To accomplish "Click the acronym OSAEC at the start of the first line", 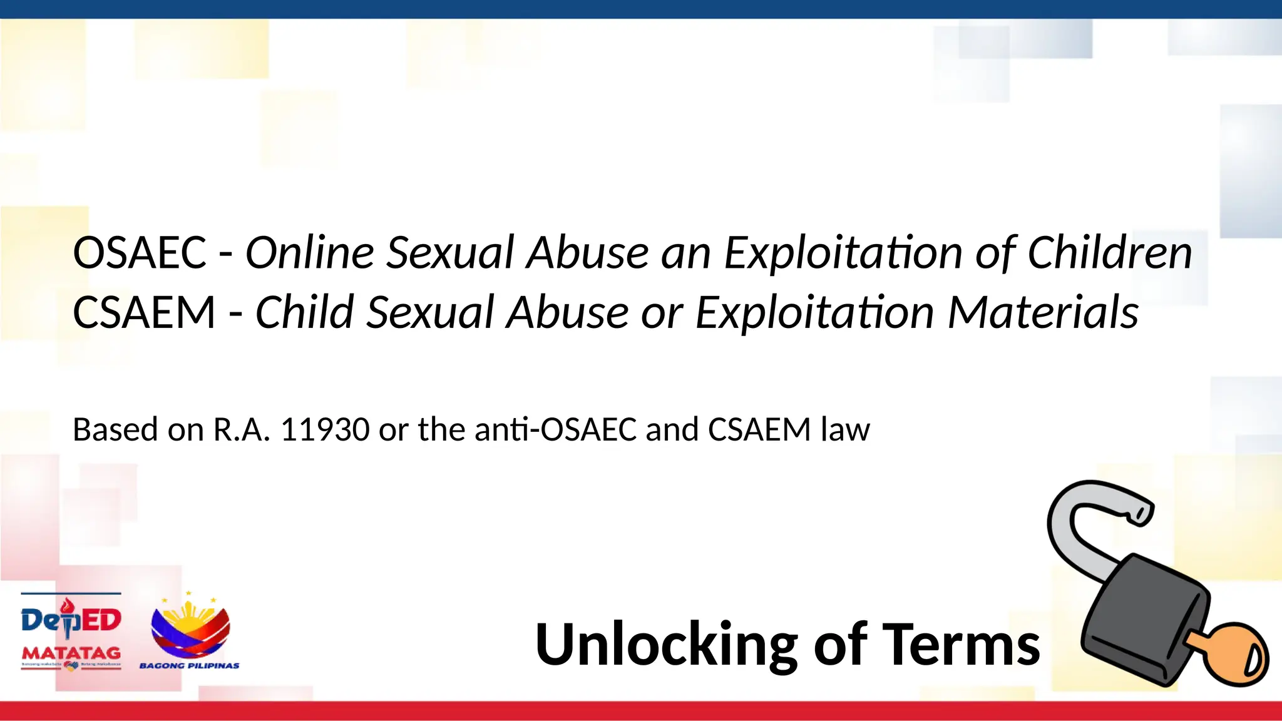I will point(140,253).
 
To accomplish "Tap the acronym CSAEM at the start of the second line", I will point(144,312).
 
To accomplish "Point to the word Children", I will point(1110,253).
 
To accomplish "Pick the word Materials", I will point(1043,312).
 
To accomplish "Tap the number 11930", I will point(325,430).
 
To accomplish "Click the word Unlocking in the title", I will point(666,645).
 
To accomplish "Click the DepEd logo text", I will point(71,620).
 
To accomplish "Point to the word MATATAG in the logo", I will point(71,653).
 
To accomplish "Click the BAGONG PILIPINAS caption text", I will point(189,665).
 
